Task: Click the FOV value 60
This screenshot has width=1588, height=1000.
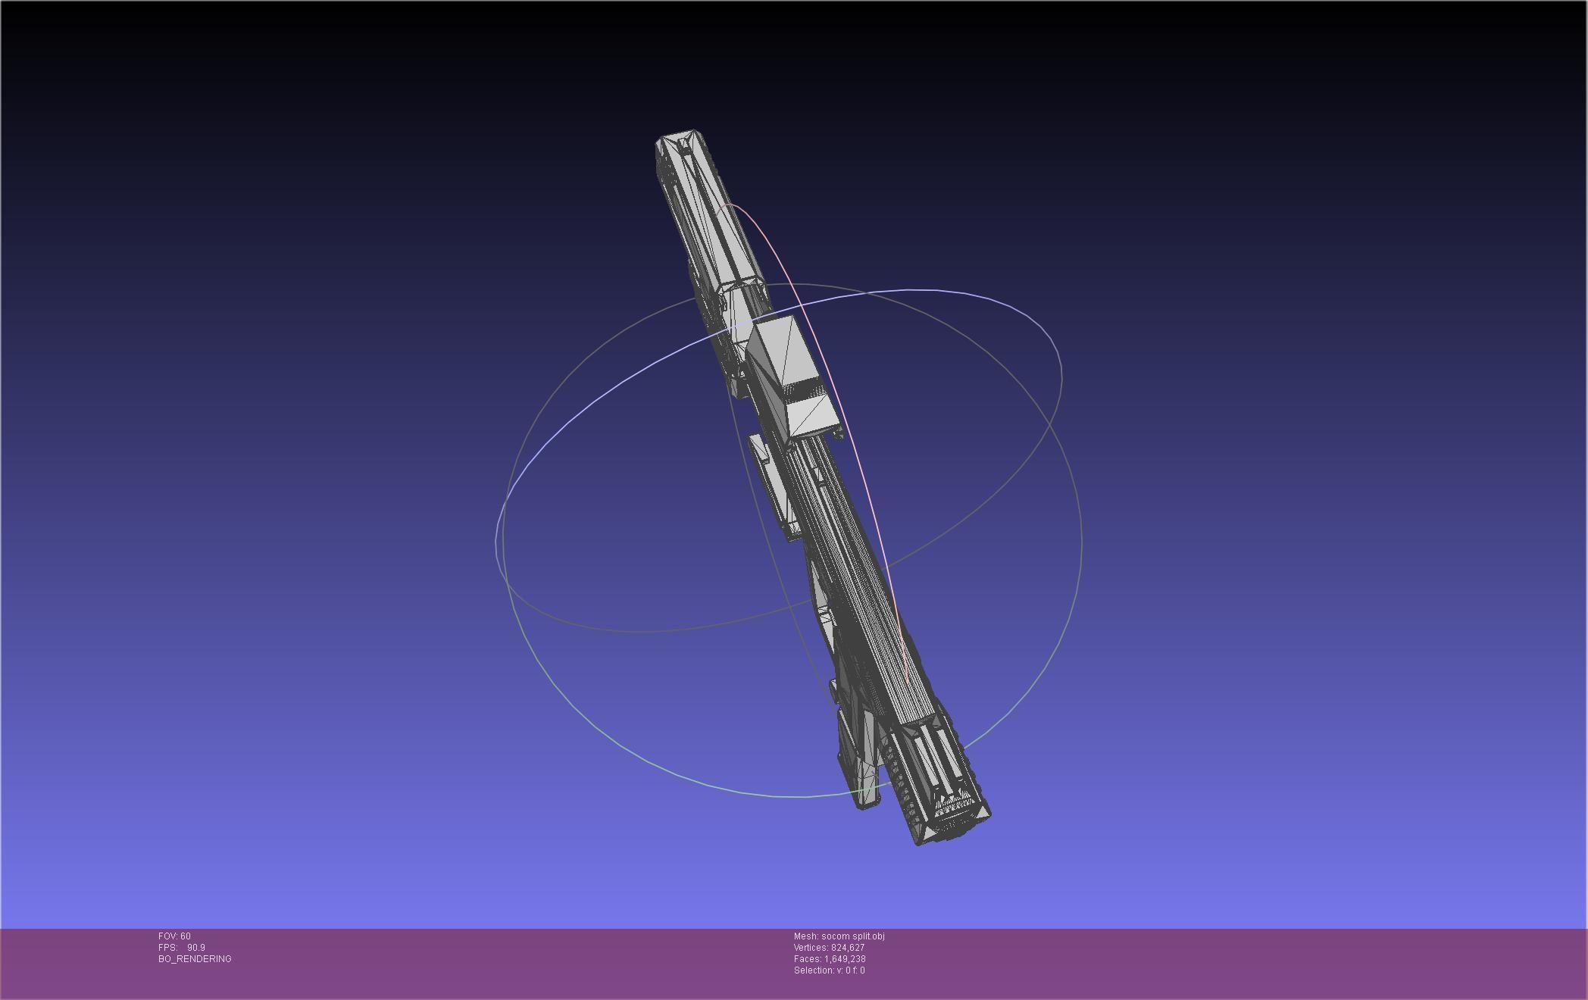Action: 185,936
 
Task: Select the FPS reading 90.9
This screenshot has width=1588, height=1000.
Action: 195,948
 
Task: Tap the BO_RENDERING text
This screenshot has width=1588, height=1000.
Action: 195,959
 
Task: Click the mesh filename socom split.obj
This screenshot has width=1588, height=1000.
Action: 852,936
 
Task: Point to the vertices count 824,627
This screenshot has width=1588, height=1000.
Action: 847,948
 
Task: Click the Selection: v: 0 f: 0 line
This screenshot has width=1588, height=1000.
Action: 829,970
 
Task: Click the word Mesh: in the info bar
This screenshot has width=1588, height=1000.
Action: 806,936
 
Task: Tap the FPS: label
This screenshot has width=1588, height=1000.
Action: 167,948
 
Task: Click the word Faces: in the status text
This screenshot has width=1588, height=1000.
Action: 808,959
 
